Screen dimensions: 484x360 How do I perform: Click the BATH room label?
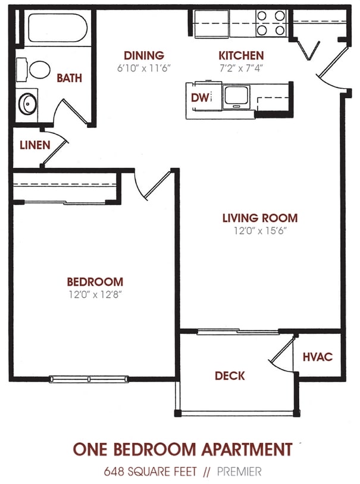[x=69, y=78]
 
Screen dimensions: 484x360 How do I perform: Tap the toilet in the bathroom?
[x=36, y=70]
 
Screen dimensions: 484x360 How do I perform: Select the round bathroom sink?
[x=27, y=104]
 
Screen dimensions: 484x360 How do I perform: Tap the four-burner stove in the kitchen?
[x=271, y=23]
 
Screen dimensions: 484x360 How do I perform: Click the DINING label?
[x=143, y=55]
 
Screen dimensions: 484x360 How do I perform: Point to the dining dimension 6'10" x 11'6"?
[x=143, y=67]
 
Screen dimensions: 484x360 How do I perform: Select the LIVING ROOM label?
[x=259, y=218]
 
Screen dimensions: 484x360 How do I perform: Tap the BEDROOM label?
[x=95, y=282]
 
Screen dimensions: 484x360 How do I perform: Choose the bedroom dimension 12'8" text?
[x=95, y=293]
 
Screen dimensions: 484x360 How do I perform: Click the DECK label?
[x=230, y=376]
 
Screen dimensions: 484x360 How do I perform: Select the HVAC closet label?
[x=317, y=357]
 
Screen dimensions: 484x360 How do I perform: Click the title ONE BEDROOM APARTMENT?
[x=183, y=449]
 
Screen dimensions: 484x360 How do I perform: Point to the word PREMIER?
[x=239, y=471]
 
